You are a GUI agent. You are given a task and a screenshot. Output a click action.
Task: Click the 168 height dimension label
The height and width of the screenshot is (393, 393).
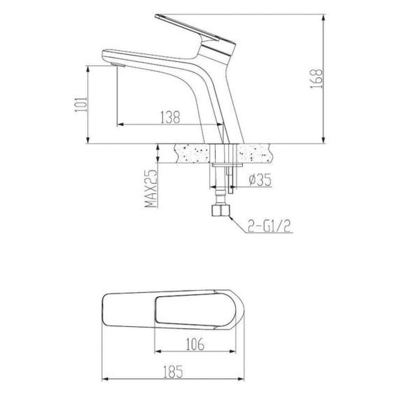click(x=316, y=78)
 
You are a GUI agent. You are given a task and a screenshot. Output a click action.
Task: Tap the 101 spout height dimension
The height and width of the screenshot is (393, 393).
click(x=82, y=104)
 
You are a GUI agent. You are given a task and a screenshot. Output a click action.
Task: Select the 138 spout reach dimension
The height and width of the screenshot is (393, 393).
click(x=170, y=117)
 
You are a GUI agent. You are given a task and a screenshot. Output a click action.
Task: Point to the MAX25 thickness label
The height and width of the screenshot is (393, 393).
click(x=151, y=189)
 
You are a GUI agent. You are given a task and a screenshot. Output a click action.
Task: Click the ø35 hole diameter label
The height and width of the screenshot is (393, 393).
click(x=260, y=180)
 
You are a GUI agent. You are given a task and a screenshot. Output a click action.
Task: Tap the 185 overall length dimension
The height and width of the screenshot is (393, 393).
click(x=173, y=372)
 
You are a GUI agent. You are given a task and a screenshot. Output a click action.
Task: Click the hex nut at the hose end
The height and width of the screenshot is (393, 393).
click(x=220, y=210)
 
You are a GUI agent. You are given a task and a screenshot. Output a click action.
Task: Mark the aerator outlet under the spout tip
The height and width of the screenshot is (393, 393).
click(x=118, y=65)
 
